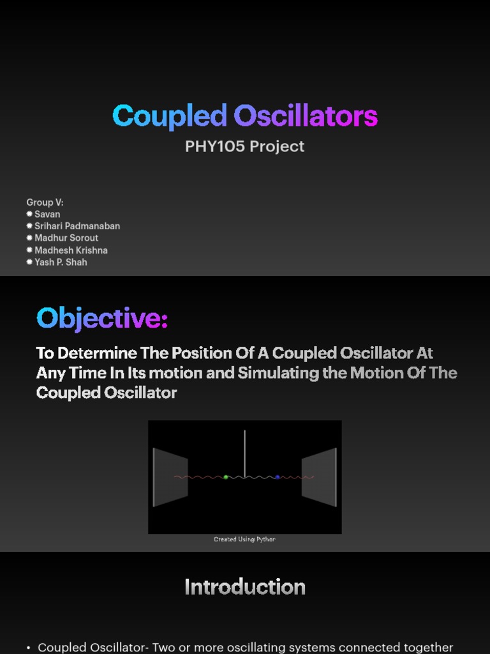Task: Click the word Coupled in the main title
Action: click(169, 116)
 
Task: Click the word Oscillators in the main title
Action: click(305, 116)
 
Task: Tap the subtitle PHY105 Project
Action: click(244, 146)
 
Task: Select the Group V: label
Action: click(45, 202)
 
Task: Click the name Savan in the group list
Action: click(47, 214)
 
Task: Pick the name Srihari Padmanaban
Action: click(77, 226)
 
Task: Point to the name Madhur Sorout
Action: click(66, 238)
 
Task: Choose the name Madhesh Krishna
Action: click(71, 250)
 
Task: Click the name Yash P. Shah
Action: click(61, 262)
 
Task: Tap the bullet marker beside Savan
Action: click(29, 214)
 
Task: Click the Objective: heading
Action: click(102, 318)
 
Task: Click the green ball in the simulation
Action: click(226, 477)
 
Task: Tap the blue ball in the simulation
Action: click(278, 477)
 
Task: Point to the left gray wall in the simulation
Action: click(170, 477)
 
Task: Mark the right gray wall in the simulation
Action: click(319, 477)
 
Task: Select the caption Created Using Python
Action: click(244, 540)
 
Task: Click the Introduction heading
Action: click(244, 587)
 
